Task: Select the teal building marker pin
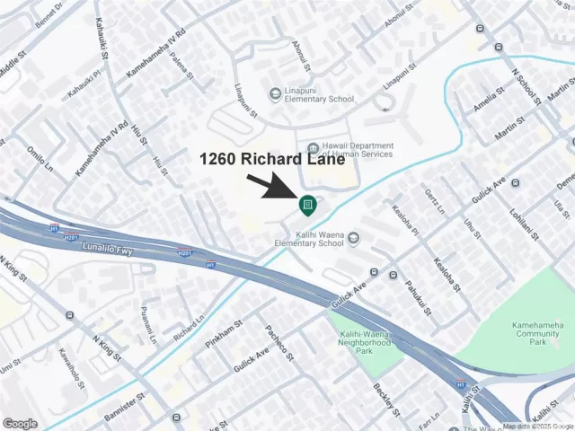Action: click(307, 206)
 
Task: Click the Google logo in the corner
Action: click(21, 423)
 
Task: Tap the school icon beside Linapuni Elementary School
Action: click(275, 94)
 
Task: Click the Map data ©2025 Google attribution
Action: click(537, 427)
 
